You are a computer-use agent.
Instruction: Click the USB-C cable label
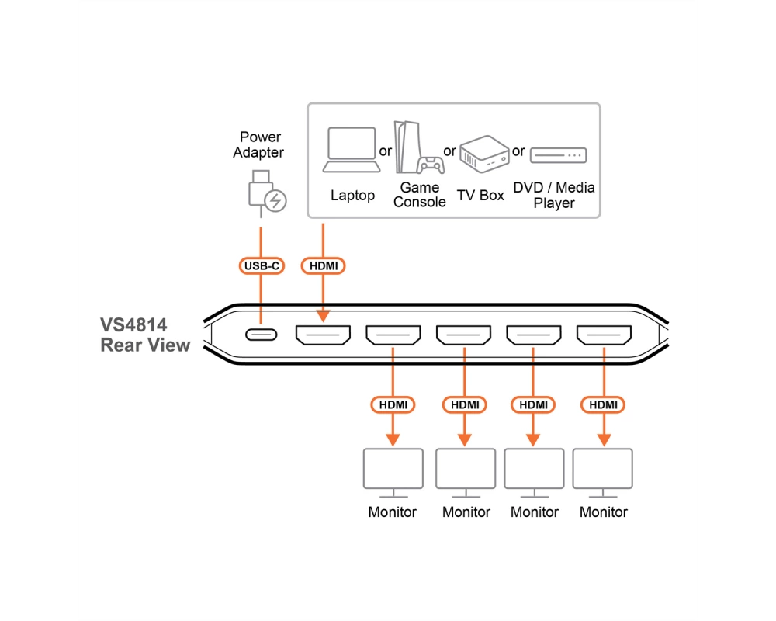[x=262, y=266]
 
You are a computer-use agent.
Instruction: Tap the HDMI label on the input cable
[x=323, y=266]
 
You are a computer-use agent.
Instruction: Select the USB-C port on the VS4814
[x=262, y=335]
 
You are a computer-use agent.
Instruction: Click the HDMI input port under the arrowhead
[x=323, y=335]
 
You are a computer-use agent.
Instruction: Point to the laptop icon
[x=352, y=150]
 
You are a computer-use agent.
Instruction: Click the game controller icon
[x=431, y=165]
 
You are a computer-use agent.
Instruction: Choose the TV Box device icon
[x=484, y=154]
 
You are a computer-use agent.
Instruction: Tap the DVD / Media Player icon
[x=558, y=155]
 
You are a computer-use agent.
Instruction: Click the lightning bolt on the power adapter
[x=275, y=201]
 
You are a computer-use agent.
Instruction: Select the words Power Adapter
[x=259, y=144]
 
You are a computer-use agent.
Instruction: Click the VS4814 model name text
[x=133, y=325]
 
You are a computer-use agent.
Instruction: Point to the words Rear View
[x=145, y=345]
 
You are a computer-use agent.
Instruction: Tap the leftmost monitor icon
[x=393, y=473]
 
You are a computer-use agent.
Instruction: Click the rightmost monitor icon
[x=603, y=473]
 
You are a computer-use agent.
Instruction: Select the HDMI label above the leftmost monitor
[x=393, y=404]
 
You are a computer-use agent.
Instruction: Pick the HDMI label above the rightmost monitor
[x=603, y=404]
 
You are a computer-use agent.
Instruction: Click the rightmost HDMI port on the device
[x=604, y=335]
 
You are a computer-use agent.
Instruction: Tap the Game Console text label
[x=420, y=195]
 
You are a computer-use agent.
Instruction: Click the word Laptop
[x=352, y=196]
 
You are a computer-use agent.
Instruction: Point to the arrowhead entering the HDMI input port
[x=323, y=316]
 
